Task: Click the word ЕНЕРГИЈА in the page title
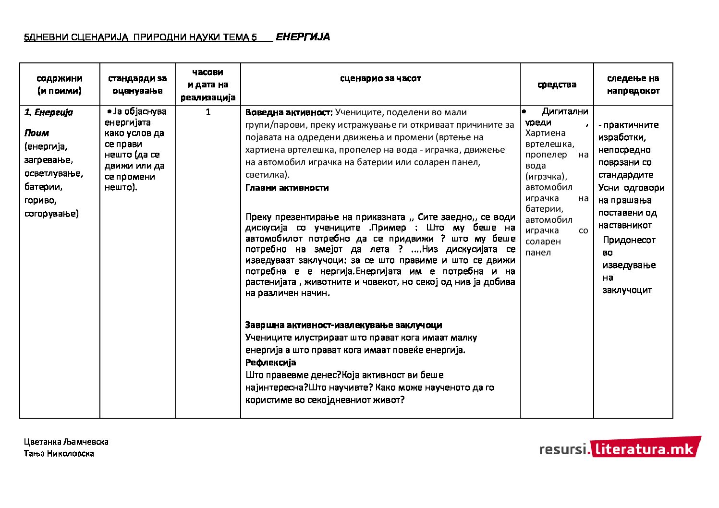tap(303, 37)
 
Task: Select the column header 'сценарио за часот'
tap(380, 78)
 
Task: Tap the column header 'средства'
tap(557, 85)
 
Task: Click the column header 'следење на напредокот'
tap(633, 85)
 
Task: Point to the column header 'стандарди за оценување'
tap(137, 85)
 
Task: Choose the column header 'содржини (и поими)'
tap(60, 85)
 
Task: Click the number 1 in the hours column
tap(208, 112)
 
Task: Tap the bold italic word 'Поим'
tap(37, 133)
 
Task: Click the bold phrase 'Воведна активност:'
tap(289, 112)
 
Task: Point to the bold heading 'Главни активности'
tap(287, 188)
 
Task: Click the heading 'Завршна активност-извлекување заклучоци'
tap(343, 325)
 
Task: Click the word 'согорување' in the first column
tap(51, 214)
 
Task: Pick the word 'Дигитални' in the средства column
tap(565, 112)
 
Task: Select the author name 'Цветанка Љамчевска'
tap(66, 442)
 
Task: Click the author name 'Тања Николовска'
tap(59, 453)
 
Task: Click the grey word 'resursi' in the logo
tap(562, 449)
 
